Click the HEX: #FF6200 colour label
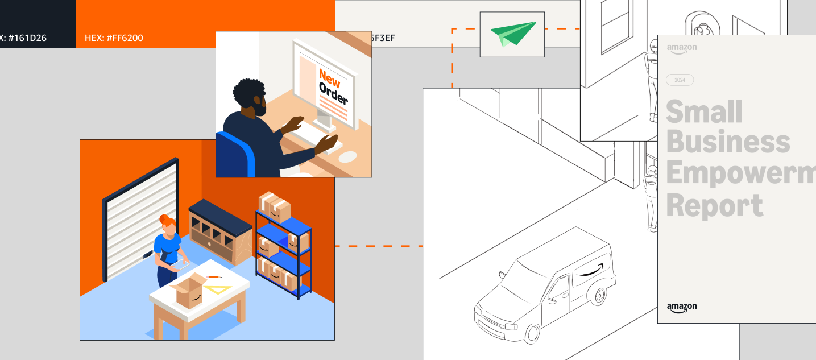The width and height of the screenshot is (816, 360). click(x=114, y=38)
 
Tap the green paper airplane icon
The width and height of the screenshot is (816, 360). click(x=513, y=34)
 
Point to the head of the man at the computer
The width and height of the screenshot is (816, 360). click(x=250, y=97)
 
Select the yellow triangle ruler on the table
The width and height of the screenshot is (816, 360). click(x=219, y=288)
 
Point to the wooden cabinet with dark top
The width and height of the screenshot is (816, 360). click(x=220, y=231)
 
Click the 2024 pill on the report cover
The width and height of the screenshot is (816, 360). click(x=680, y=80)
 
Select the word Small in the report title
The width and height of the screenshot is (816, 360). click(x=704, y=111)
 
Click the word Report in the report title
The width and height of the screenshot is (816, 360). click(x=714, y=205)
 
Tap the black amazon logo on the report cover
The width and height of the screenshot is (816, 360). click(x=681, y=307)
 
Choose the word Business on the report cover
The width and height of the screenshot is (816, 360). click(x=728, y=142)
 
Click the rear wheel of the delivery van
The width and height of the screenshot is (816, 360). click(x=598, y=296)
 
